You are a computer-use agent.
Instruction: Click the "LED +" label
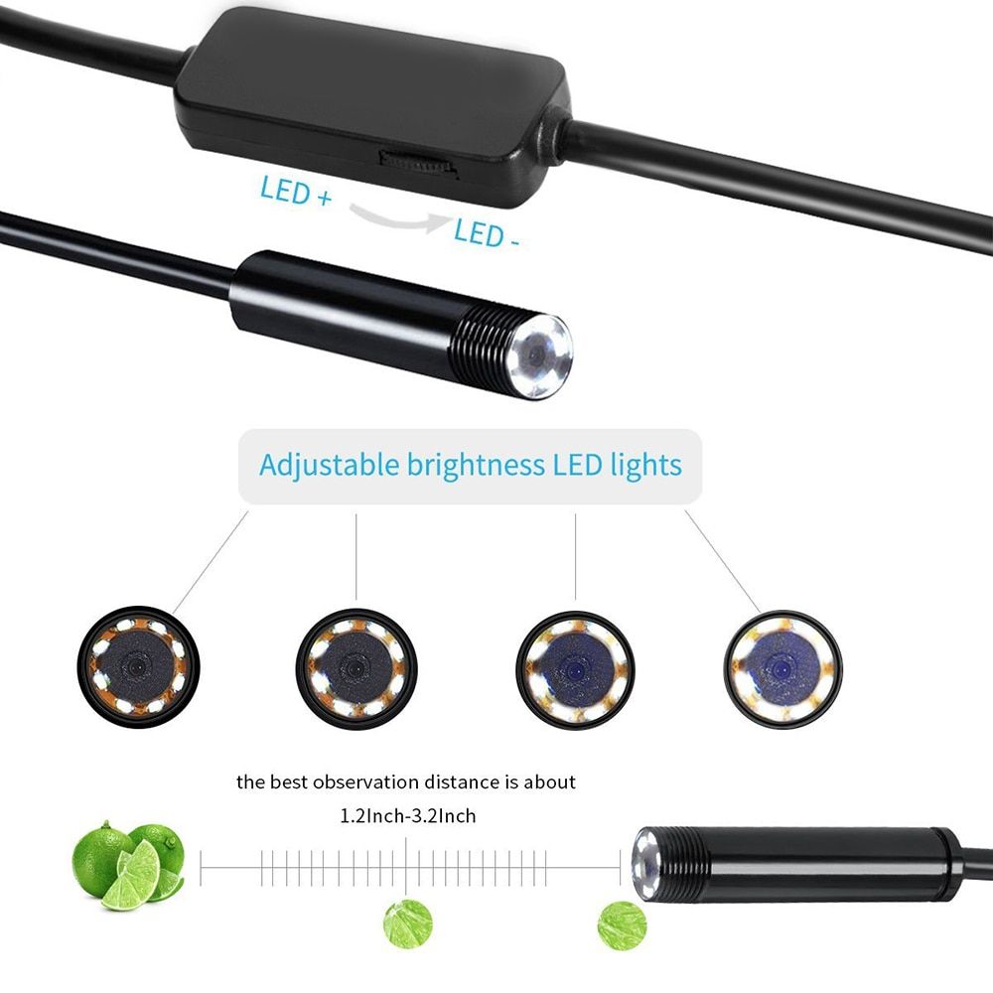[x=296, y=191]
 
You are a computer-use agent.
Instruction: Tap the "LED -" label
[x=487, y=233]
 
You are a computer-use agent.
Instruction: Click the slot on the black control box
[x=419, y=165]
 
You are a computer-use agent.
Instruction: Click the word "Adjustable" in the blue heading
[x=330, y=466]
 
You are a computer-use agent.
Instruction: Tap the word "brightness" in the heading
[x=476, y=466]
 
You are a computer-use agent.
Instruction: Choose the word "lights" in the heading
[x=646, y=466]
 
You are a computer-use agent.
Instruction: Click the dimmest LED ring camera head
[x=139, y=667]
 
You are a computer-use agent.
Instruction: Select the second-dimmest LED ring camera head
[x=356, y=668]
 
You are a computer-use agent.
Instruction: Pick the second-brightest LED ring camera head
[x=575, y=669]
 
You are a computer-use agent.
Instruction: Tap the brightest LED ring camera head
[x=782, y=668]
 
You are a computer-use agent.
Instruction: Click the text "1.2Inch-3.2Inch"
[x=408, y=815]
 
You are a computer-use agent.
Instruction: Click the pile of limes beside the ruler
[x=128, y=865]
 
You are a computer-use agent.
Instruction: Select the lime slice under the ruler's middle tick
[x=408, y=923]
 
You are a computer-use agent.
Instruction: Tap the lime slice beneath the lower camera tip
[x=622, y=925]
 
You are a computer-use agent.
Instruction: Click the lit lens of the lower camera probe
[x=646, y=863]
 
